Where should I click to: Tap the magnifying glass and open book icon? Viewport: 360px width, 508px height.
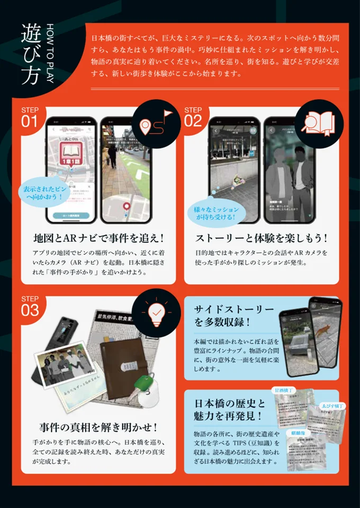(315, 125)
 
